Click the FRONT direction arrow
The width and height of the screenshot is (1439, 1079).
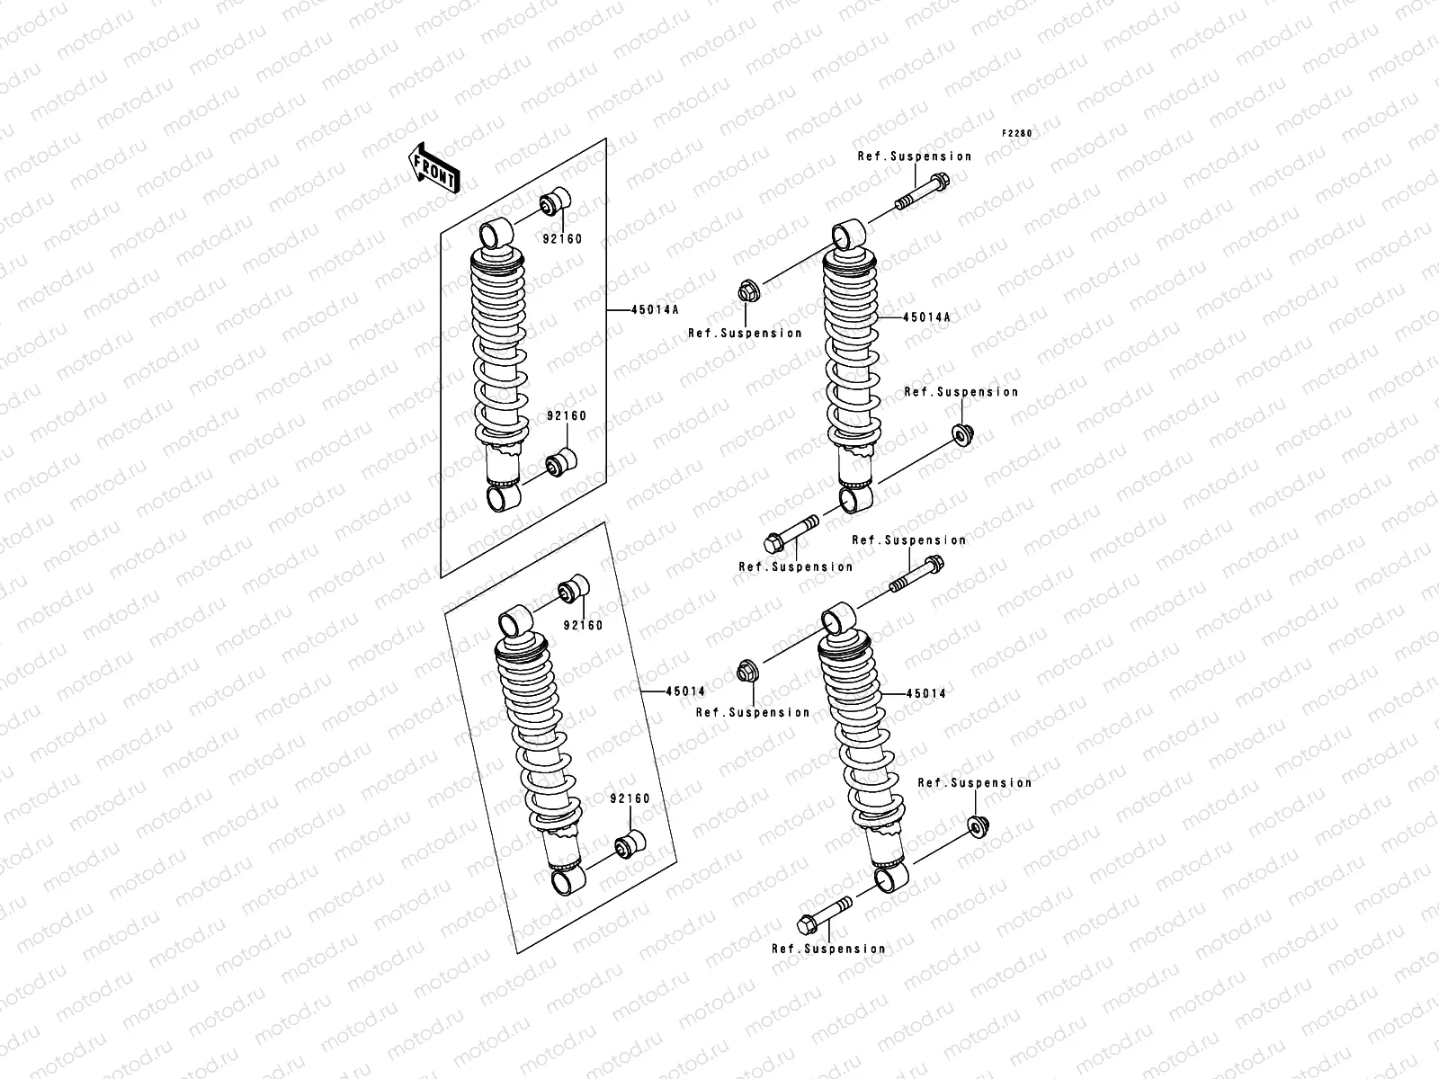[435, 167]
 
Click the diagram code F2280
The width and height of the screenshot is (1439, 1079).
[1018, 133]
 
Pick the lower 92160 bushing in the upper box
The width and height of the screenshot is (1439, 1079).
[563, 462]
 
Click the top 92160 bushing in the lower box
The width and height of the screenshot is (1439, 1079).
[575, 589]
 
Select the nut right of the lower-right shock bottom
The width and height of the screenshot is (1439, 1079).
[977, 825]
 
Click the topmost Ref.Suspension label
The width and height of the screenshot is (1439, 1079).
[914, 156]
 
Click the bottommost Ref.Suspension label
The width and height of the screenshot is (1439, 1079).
[827, 949]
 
